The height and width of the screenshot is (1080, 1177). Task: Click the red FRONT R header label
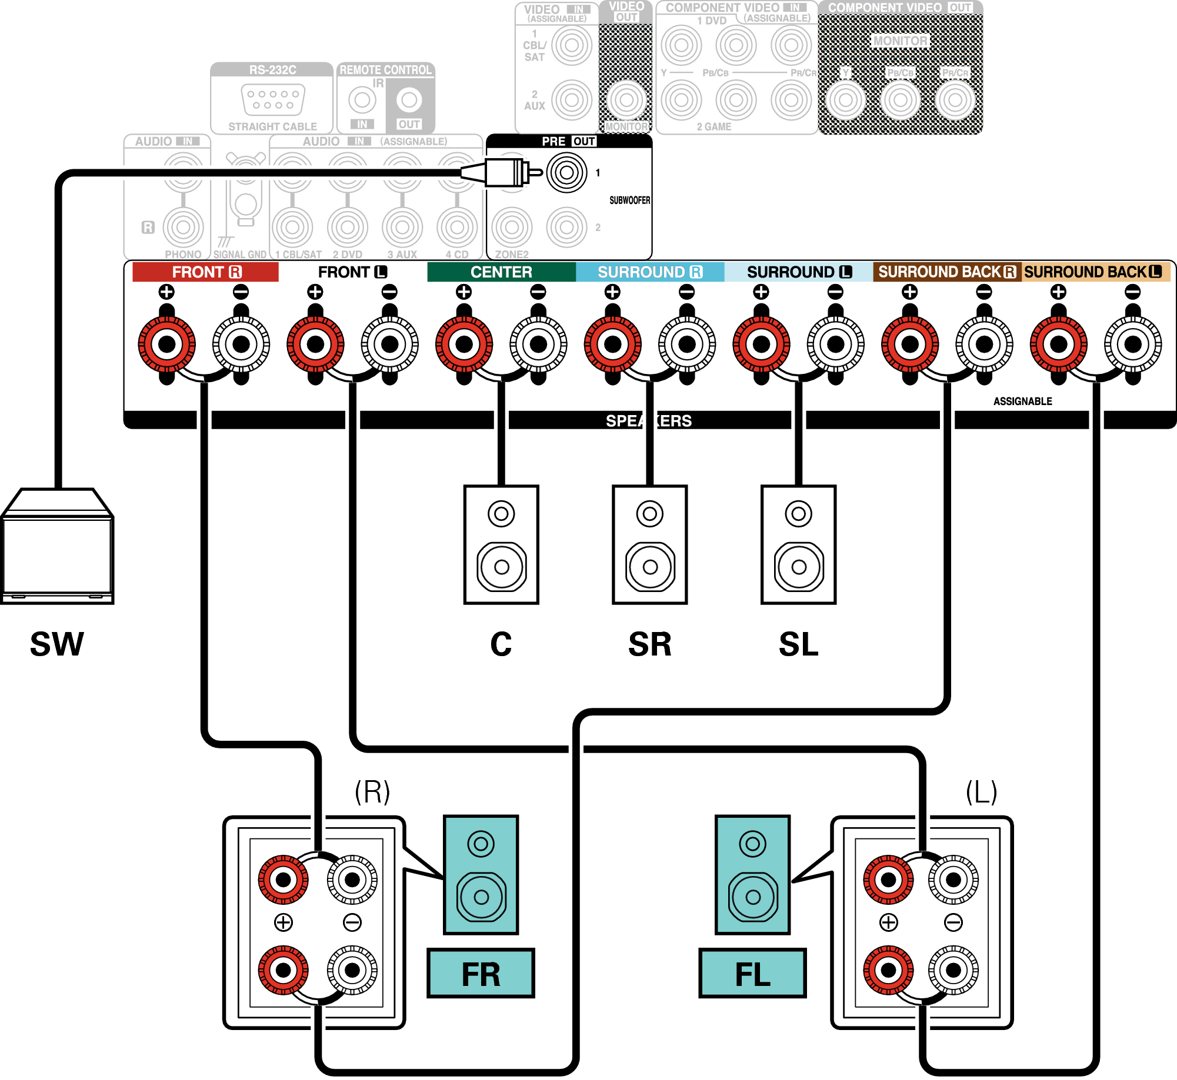point(205,272)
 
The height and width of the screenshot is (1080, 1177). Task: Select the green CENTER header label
point(501,272)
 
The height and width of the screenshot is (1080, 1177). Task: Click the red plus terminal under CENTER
point(464,345)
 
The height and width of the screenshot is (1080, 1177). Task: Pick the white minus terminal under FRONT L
point(389,345)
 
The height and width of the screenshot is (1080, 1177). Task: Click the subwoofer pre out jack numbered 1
point(566,173)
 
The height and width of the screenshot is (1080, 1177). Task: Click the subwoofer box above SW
point(57,547)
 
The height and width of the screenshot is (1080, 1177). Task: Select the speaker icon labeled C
point(501,544)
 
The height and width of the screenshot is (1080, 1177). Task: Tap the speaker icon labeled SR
point(650,544)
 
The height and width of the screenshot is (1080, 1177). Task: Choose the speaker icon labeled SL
point(798,544)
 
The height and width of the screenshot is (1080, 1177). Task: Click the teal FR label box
point(481,974)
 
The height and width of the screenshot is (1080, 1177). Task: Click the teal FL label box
point(752,974)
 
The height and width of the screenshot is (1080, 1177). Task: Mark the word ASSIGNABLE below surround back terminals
point(1022,402)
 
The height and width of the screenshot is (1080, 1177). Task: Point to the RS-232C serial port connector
point(273,99)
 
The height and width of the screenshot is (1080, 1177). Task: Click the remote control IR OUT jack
point(409,100)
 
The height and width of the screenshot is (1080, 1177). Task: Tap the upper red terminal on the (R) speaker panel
point(284,880)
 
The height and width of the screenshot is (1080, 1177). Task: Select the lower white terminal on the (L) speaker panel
point(953,970)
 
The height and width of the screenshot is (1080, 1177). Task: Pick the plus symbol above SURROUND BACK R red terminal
point(909,292)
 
